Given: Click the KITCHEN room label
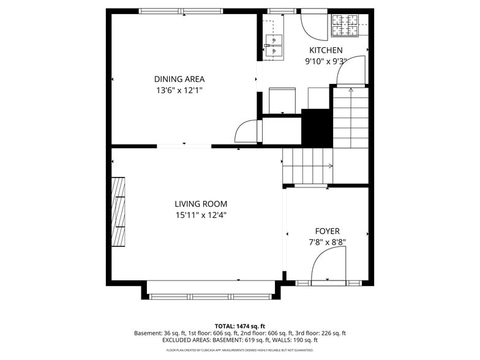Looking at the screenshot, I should click(x=326, y=50).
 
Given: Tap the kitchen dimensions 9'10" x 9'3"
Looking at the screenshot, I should click(x=326, y=61).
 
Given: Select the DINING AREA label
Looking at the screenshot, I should click(x=179, y=79).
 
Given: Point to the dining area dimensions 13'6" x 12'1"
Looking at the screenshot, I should click(x=179, y=90).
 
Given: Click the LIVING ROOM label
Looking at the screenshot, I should click(x=201, y=204).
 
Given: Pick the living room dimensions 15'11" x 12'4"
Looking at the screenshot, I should click(x=201, y=215).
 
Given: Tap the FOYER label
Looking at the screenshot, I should click(x=327, y=231).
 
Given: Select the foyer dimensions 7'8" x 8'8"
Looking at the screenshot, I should click(x=327, y=242).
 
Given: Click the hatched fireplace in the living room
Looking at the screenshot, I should click(x=118, y=211).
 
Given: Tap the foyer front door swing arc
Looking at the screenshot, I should click(x=328, y=268).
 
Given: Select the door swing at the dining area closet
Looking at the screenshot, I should click(x=247, y=131).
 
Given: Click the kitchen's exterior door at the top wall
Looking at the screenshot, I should click(x=315, y=23).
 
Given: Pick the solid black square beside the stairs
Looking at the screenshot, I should click(x=317, y=127).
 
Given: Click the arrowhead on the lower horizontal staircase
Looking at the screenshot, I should click(x=331, y=165).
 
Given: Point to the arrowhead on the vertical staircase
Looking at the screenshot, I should click(x=351, y=90).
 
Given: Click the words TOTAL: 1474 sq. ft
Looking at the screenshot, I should click(x=239, y=326).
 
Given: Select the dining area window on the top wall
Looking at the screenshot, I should click(x=182, y=11).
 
